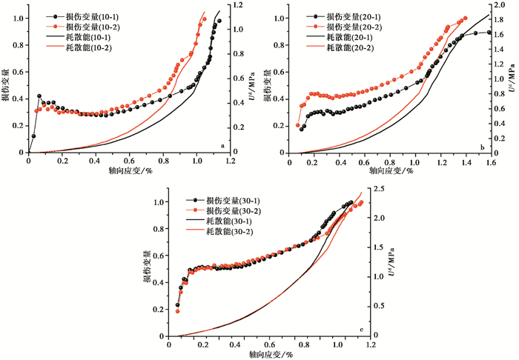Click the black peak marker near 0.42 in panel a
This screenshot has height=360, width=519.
click(x=39, y=96)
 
